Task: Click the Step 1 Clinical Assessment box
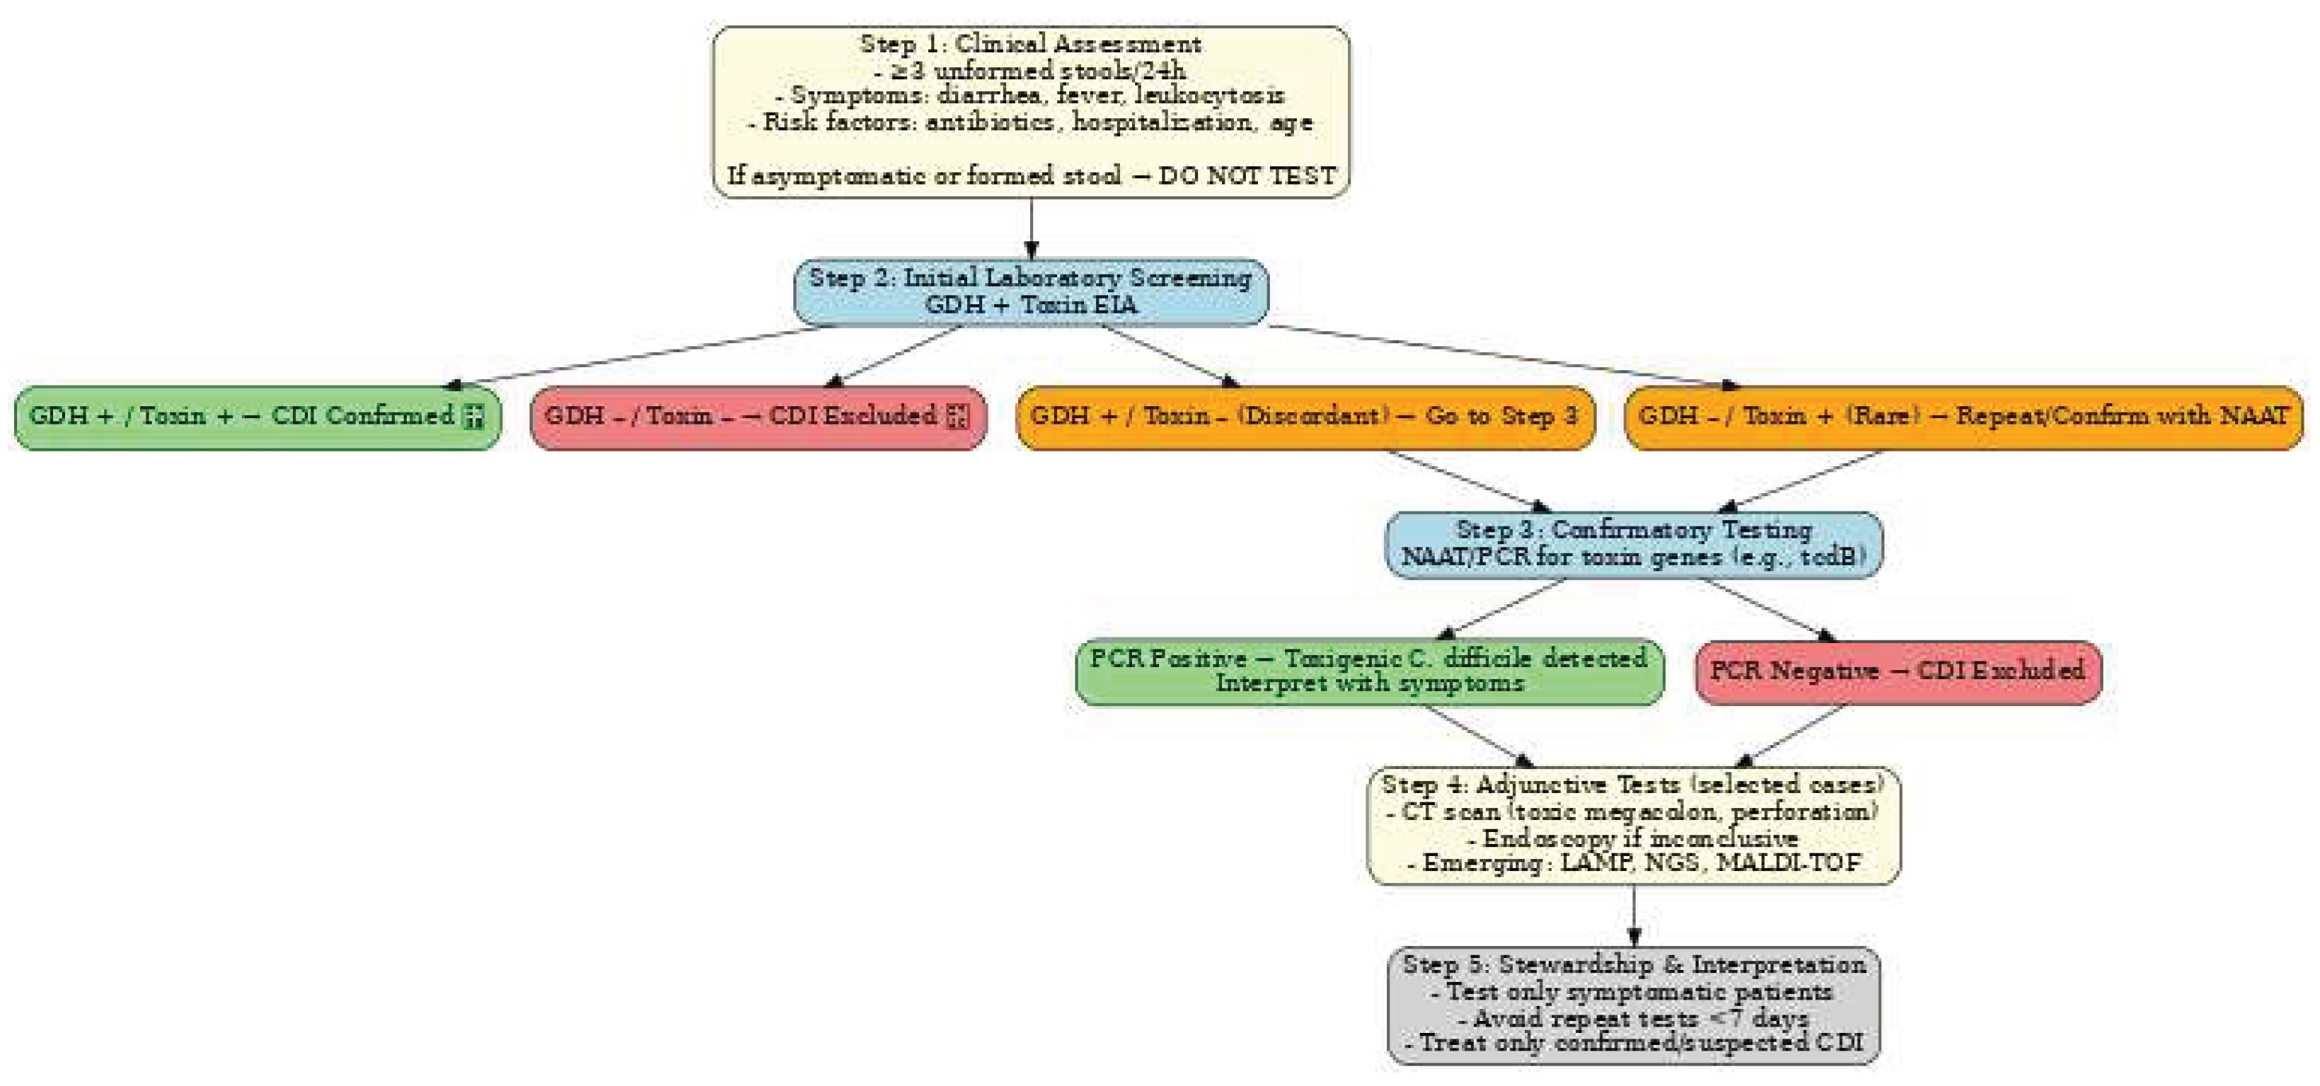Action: coord(1030,111)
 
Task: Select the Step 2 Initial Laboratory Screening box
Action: coord(1030,291)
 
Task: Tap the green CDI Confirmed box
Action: coord(257,417)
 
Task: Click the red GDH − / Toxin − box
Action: coord(758,417)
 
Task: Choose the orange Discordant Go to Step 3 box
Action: coord(1304,417)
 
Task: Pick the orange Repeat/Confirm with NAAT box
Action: coord(1963,417)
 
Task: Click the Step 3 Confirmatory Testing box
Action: coord(1633,544)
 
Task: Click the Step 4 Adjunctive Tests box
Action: coord(1633,825)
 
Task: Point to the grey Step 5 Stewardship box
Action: coord(1633,1005)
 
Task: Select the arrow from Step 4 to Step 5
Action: coord(1634,915)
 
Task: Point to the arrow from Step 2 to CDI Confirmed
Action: coord(640,356)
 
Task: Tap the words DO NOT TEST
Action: coord(1247,175)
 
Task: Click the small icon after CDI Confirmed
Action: coord(474,417)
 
